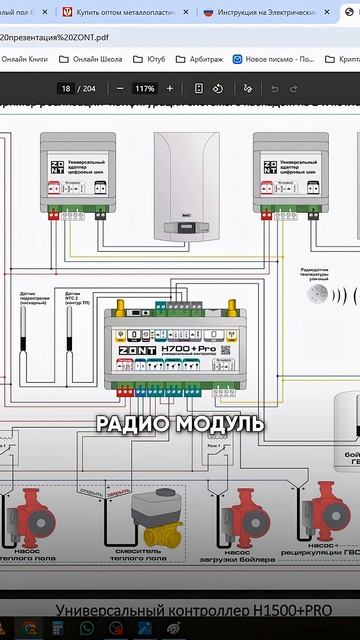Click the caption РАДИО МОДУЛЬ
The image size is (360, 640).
tap(180, 423)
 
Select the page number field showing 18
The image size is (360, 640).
tap(66, 88)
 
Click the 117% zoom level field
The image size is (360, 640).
tap(144, 88)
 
